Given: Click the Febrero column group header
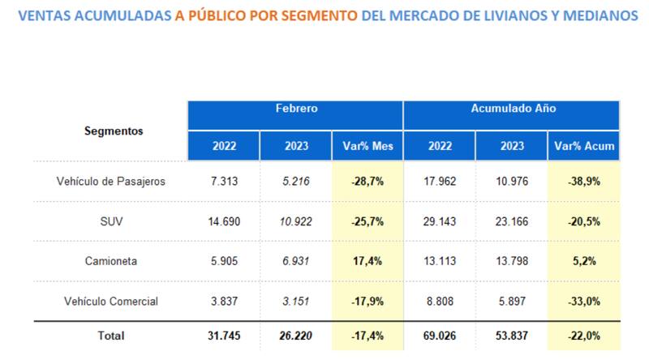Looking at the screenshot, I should tap(295, 108).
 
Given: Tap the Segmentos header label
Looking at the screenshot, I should tap(114, 131).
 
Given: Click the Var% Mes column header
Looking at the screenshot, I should tap(367, 147).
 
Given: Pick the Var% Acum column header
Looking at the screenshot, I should tap(584, 147).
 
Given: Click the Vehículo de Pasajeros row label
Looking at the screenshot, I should tap(111, 182).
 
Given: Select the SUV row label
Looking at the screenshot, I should tap(111, 221).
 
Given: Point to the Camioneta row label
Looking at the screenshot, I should tap(111, 261).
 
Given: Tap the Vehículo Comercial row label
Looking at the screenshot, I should tap(111, 301).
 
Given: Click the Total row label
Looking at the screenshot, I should tap(111, 334).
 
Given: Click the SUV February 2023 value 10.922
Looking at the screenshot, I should tap(295, 221).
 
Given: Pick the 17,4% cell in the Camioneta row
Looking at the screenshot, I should tap(367, 261).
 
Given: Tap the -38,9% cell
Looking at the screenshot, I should tap(584, 182).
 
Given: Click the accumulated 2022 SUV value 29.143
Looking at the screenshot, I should tap(441, 221).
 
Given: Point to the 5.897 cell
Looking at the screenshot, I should tap(512, 301).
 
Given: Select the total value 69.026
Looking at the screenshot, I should tap(441, 334).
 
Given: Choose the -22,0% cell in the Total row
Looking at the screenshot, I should tap(584, 334).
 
